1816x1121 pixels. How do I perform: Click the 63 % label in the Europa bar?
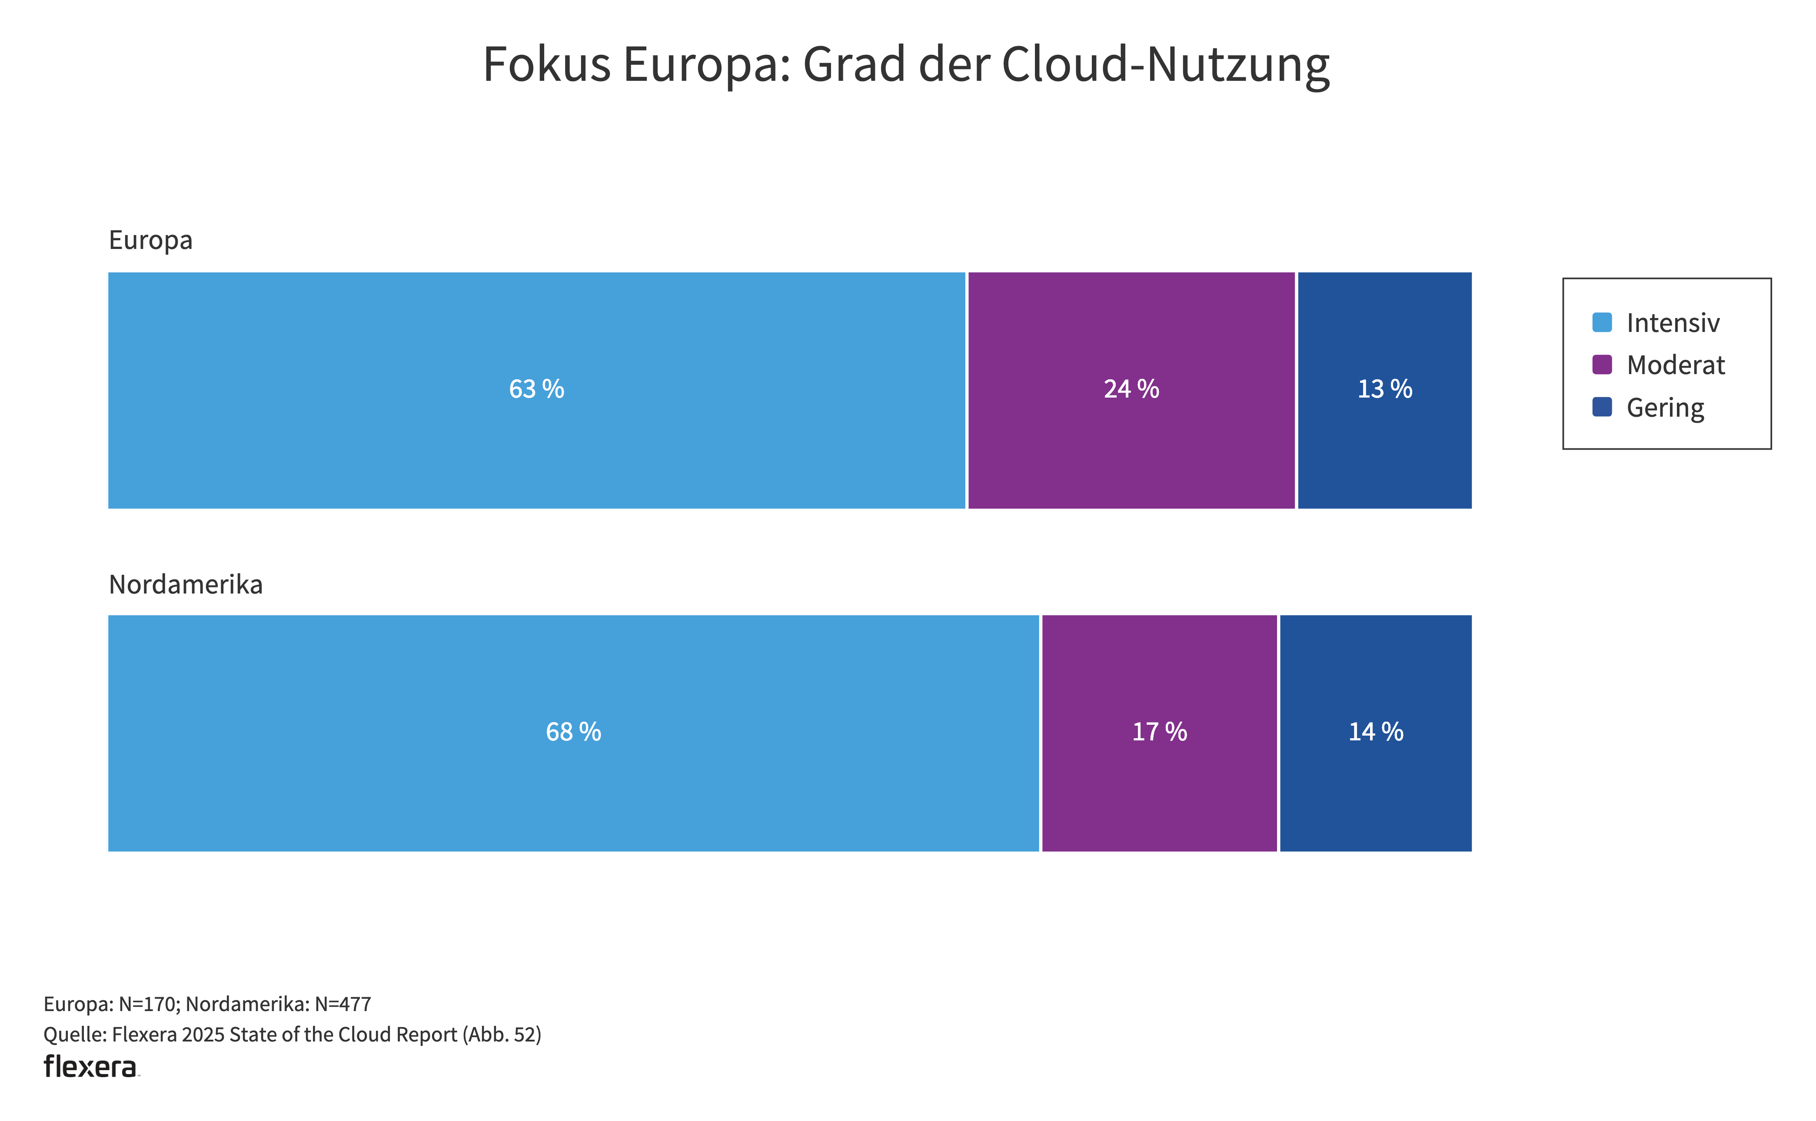[x=536, y=389]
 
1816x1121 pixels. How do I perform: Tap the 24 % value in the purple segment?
[x=1131, y=389]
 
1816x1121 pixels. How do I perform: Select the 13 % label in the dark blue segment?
[x=1384, y=389]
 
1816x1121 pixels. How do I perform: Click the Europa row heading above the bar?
[x=150, y=240]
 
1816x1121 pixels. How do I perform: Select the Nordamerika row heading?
[x=186, y=585]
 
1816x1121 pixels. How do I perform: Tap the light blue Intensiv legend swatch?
[x=1602, y=322]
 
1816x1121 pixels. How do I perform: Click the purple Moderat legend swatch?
[x=1602, y=365]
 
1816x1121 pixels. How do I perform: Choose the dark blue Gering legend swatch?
[x=1602, y=407]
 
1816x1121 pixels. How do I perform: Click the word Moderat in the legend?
[x=1675, y=365]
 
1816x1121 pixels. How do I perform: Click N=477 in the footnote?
[x=343, y=1004]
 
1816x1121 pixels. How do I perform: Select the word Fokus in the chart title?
[x=546, y=64]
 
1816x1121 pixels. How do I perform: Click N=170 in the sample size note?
[x=148, y=1004]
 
